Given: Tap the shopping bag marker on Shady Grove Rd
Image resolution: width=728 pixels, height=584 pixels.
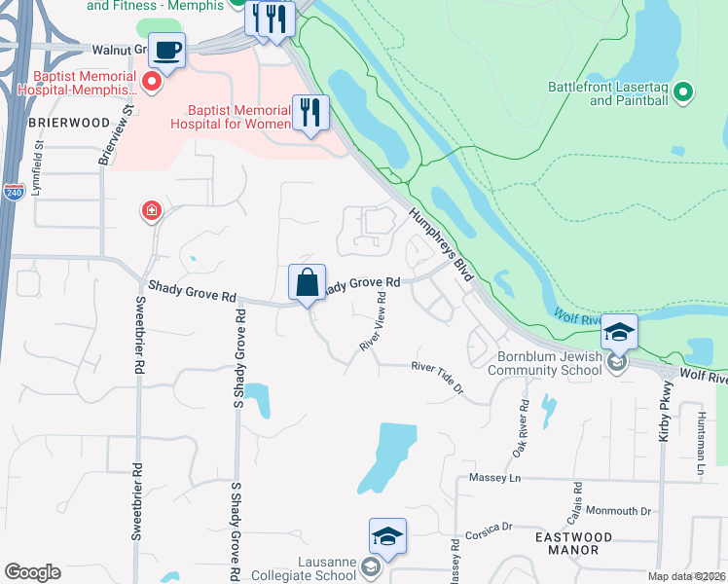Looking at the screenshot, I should tap(307, 283).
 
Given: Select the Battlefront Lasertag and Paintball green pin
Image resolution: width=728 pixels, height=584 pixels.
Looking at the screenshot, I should tap(683, 93).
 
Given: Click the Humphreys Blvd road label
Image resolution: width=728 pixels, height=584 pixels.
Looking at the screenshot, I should tap(441, 244).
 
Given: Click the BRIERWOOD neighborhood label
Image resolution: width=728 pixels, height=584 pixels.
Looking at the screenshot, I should tap(55, 123).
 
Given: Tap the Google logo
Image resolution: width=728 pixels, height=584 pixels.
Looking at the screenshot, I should tap(32, 572).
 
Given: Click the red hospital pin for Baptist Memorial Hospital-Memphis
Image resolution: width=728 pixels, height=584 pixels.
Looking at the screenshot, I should tap(152, 83).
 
